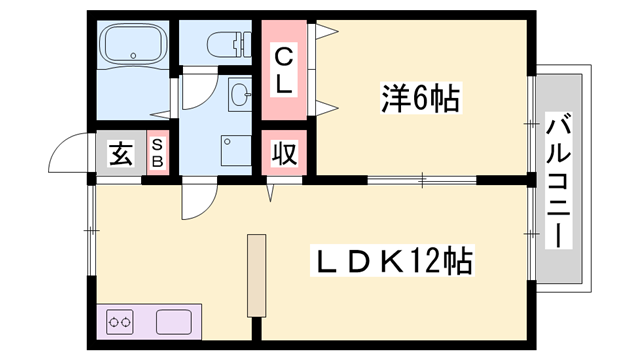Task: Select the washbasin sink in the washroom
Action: pyautogui.click(x=240, y=95)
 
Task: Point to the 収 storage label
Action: pyautogui.click(x=284, y=155)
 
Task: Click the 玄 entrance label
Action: pyautogui.click(x=121, y=155)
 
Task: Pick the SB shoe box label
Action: pyautogui.click(x=158, y=155)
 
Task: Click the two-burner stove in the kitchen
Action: pyautogui.click(x=121, y=322)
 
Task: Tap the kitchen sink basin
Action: pyautogui.click(x=175, y=322)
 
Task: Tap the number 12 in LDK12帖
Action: pyautogui.click(x=427, y=262)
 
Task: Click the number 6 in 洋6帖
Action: pyautogui.click(x=423, y=98)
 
